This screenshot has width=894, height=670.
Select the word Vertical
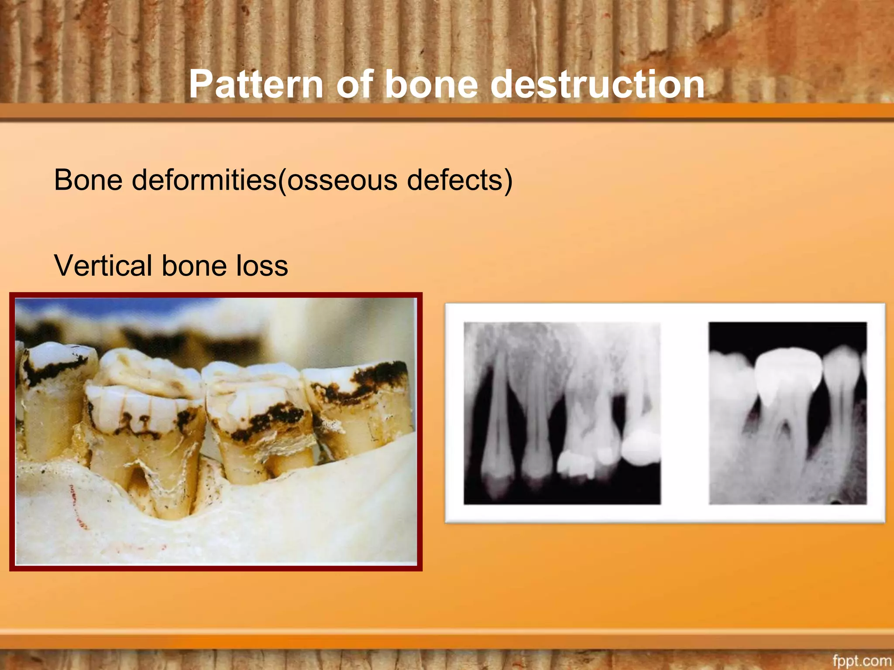click(x=103, y=266)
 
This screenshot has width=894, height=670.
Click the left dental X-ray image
click(x=562, y=413)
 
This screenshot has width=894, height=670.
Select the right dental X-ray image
click(x=787, y=413)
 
